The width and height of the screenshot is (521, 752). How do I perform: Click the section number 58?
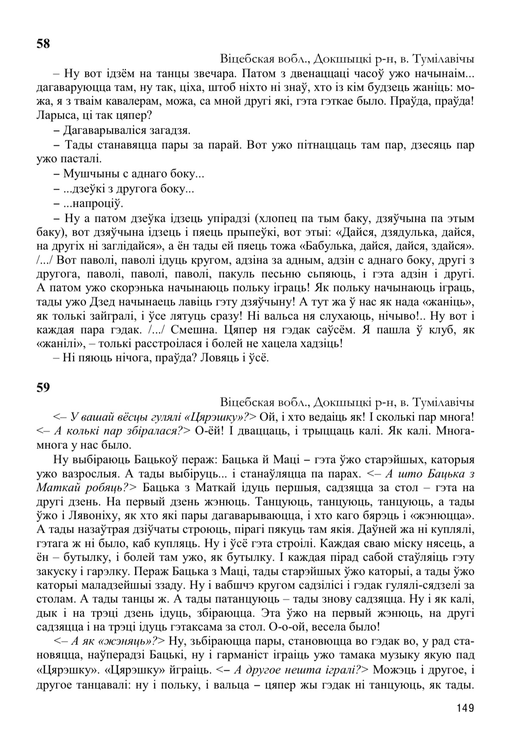(x=43, y=44)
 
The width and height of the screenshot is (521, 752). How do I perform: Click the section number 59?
(x=43, y=387)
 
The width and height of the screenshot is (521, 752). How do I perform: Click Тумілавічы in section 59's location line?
(x=443, y=402)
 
